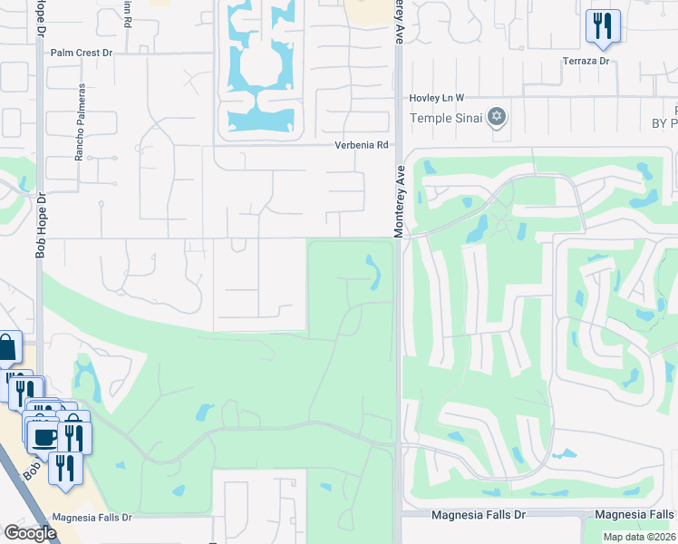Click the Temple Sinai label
pyautogui.click(x=447, y=118)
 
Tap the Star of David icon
pyautogui.click(x=496, y=117)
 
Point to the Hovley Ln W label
pyautogui.click(x=437, y=97)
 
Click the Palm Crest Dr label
pyautogui.click(x=82, y=53)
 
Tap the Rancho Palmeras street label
pyautogui.click(x=80, y=122)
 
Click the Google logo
pyautogui.click(x=30, y=533)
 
